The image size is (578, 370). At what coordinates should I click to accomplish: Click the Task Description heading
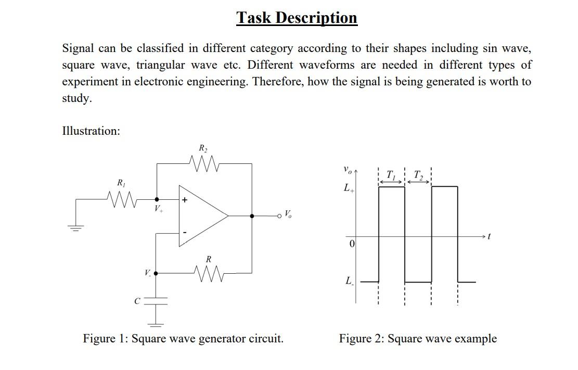pyautogui.click(x=297, y=18)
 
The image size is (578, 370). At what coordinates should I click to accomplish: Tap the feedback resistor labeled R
pyautogui.click(x=208, y=272)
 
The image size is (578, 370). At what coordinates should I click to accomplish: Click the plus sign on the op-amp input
pyautogui.click(x=184, y=199)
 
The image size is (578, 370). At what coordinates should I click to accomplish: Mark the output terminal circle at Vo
pyautogui.click(x=281, y=215)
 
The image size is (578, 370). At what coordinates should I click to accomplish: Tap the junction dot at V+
pyautogui.click(x=157, y=199)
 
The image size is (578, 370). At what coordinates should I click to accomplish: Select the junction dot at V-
pyautogui.click(x=156, y=272)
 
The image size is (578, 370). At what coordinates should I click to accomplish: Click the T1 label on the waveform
pyautogui.click(x=391, y=174)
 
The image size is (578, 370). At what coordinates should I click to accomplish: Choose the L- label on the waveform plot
pyautogui.click(x=349, y=282)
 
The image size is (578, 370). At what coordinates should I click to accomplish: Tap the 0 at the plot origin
pyautogui.click(x=352, y=244)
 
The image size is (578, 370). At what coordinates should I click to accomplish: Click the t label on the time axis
pyautogui.click(x=488, y=237)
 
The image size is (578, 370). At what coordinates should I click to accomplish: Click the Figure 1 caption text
pyautogui.click(x=183, y=339)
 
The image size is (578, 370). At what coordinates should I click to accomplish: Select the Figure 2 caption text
pyautogui.click(x=418, y=339)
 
